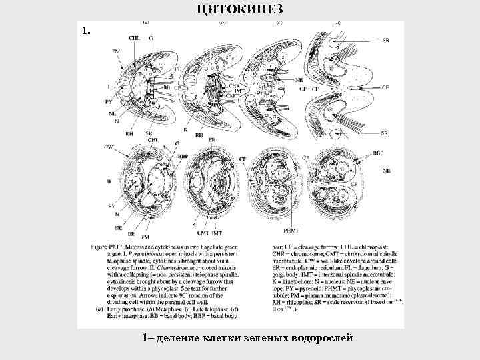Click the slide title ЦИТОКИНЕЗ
(x=241, y=8)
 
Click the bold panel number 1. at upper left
(x=85, y=31)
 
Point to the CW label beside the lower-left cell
(x=109, y=146)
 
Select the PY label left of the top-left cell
(x=109, y=101)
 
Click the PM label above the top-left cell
(x=116, y=51)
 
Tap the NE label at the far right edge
(x=387, y=171)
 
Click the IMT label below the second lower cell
(x=216, y=233)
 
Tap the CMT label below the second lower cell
(x=202, y=233)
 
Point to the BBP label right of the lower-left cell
(x=183, y=155)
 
